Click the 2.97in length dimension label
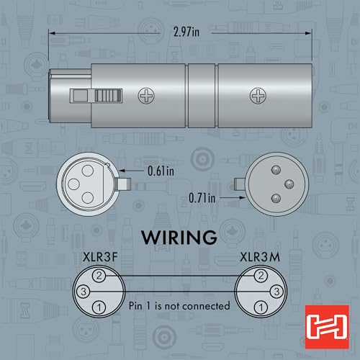point(186,32)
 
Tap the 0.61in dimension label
point(161,171)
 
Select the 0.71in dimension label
point(202,198)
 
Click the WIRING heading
point(179,238)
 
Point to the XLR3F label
point(100,257)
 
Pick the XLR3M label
point(260,257)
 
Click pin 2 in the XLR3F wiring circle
point(99,276)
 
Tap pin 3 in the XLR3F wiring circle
point(84,292)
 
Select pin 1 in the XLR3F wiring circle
point(99,307)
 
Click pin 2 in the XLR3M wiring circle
point(261,276)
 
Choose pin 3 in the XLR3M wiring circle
point(276,292)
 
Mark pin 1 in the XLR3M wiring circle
point(261,307)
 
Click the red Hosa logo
point(327,327)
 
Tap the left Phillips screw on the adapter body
point(146,96)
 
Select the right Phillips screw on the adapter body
point(258,96)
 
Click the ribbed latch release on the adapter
point(109,96)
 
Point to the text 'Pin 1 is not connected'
point(179,306)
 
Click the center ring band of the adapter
point(202,96)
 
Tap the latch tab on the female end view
point(124,184)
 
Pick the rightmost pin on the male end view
point(289,184)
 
